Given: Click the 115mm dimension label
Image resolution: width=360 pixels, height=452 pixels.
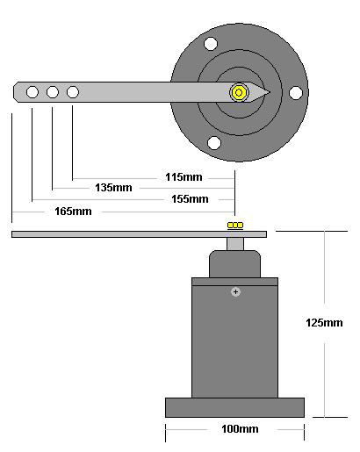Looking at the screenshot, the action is click(184, 177).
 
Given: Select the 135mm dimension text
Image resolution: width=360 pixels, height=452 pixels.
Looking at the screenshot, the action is click(113, 188).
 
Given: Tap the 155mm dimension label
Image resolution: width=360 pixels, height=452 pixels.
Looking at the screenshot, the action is click(190, 199).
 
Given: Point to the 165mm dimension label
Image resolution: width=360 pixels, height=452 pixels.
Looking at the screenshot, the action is click(73, 212).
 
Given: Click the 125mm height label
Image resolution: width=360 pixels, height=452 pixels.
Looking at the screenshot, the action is click(324, 323).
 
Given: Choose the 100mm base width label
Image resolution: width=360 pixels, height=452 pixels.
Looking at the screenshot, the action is click(240, 429).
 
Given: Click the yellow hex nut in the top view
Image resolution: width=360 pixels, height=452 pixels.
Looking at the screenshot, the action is click(239, 93).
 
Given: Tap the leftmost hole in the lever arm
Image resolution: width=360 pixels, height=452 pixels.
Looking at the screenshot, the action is click(32, 92).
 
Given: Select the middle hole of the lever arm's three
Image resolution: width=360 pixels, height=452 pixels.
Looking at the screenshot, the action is click(53, 92).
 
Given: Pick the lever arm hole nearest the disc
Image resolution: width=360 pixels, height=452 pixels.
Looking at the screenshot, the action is click(73, 92).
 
